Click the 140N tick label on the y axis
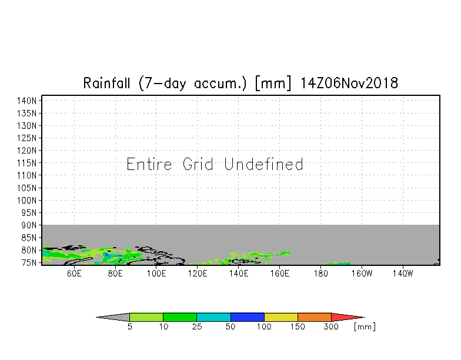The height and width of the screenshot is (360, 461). (27, 101)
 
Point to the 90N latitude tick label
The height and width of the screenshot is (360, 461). (29, 225)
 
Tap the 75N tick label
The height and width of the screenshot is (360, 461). (29, 262)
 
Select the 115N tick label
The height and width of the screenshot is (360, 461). (27, 163)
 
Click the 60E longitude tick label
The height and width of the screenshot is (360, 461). (74, 274)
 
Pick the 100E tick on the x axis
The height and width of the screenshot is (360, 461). (156, 274)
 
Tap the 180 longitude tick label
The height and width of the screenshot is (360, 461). (321, 274)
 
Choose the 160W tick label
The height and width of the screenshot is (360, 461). (362, 274)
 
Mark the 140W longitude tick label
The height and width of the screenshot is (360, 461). (403, 274)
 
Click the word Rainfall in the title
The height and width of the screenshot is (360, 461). (106, 83)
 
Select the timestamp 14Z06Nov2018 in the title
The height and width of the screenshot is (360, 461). (349, 83)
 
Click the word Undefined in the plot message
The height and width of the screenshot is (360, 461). (263, 164)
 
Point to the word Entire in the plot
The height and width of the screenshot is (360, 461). (149, 164)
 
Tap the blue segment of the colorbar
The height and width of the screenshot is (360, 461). (247, 317)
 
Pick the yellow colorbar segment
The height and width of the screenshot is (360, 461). (281, 317)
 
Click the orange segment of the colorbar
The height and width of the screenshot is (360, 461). (315, 317)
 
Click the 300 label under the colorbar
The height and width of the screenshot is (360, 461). (331, 326)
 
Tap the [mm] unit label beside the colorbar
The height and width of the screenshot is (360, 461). (365, 327)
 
